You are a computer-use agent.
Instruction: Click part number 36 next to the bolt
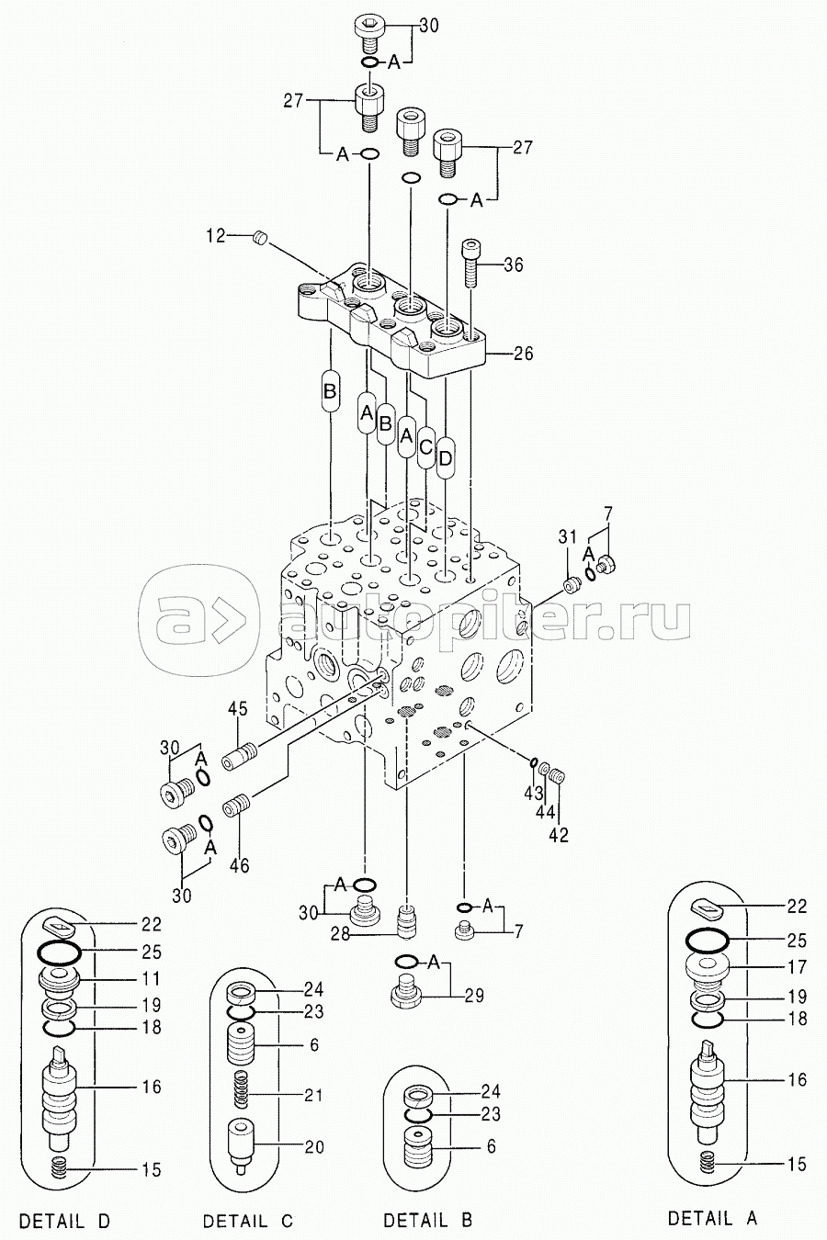tap(513, 265)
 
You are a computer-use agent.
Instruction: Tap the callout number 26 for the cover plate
tap(523, 354)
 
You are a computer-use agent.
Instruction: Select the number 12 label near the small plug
tap(216, 236)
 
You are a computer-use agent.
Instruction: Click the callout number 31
tap(568, 536)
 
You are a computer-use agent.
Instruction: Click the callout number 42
tap(559, 835)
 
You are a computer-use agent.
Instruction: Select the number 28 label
tap(341, 934)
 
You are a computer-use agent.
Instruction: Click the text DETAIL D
tap(65, 1220)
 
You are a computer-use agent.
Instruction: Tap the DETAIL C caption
tap(248, 1220)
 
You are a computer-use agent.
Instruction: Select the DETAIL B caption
tap(429, 1219)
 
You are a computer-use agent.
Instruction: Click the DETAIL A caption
tap(712, 1217)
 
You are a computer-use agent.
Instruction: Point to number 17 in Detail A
tap(797, 967)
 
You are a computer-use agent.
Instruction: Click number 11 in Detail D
tap(151, 978)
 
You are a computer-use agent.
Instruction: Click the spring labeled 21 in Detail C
tap(241, 1089)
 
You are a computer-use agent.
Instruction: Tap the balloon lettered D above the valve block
tap(446, 457)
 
